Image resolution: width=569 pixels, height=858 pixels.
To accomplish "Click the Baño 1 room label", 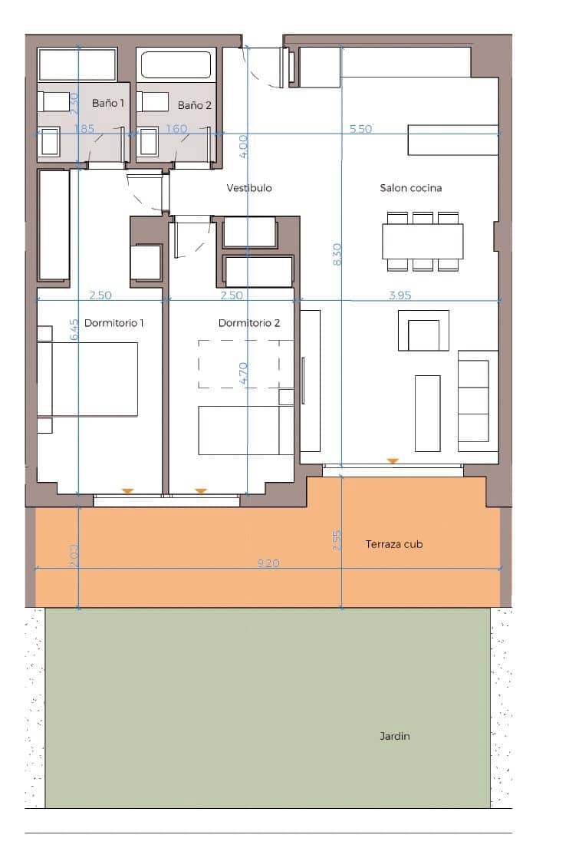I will [x=108, y=102].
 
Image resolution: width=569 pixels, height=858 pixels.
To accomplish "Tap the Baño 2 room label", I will [x=194, y=105].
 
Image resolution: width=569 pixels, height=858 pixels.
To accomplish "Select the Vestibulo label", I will [x=249, y=188].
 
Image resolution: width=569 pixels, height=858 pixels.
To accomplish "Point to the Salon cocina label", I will [x=410, y=188].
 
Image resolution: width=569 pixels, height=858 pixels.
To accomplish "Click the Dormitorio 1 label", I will [x=113, y=323].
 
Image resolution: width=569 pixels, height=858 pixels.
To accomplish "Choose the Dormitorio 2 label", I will [x=249, y=323].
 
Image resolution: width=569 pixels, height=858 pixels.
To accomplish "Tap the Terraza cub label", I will [x=394, y=544].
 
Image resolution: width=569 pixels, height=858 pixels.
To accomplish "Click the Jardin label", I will [x=395, y=736].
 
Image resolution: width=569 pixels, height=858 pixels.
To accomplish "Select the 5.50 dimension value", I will [x=360, y=129].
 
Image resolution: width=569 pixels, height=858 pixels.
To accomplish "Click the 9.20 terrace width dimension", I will [x=268, y=563].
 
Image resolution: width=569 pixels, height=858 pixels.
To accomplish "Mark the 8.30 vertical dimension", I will [x=337, y=255].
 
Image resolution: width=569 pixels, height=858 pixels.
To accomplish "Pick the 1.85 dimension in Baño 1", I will [x=84, y=129].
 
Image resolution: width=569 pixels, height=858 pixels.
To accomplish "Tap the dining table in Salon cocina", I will [x=423, y=241].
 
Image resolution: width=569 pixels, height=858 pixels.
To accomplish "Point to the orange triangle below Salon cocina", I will [x=393, y=461].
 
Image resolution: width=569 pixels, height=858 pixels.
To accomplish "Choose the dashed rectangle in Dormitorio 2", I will [x=245, y=364].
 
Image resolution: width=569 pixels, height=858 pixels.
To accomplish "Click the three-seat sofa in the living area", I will [x=473, y=401].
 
